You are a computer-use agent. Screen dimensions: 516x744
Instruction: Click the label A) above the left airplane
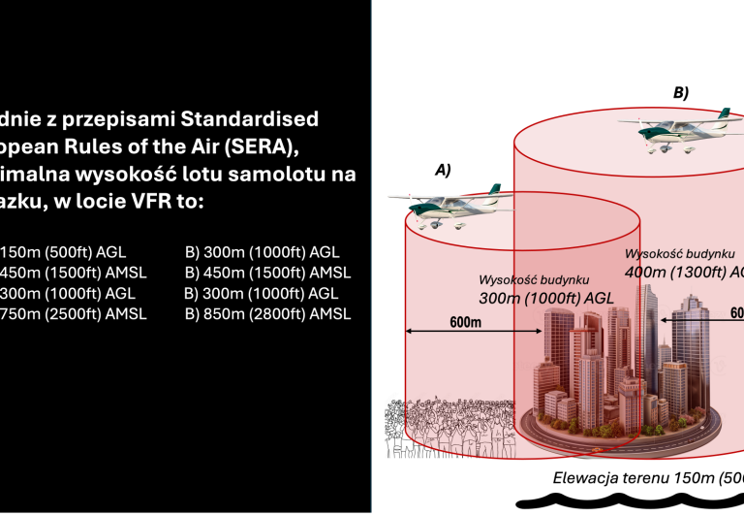pos(443,170)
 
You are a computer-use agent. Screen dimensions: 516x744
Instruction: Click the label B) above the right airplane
pos(681,93)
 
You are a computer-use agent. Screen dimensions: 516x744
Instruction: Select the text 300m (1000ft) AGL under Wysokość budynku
pos(546,298)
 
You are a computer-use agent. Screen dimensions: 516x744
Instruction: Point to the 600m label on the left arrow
pos(465,322)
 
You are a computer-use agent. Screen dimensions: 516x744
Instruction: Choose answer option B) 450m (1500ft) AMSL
pos(267,273)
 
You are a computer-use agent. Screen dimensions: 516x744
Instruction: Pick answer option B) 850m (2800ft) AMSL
pos(267,313)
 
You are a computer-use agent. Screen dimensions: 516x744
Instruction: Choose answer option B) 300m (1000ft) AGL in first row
pos(262,252)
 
